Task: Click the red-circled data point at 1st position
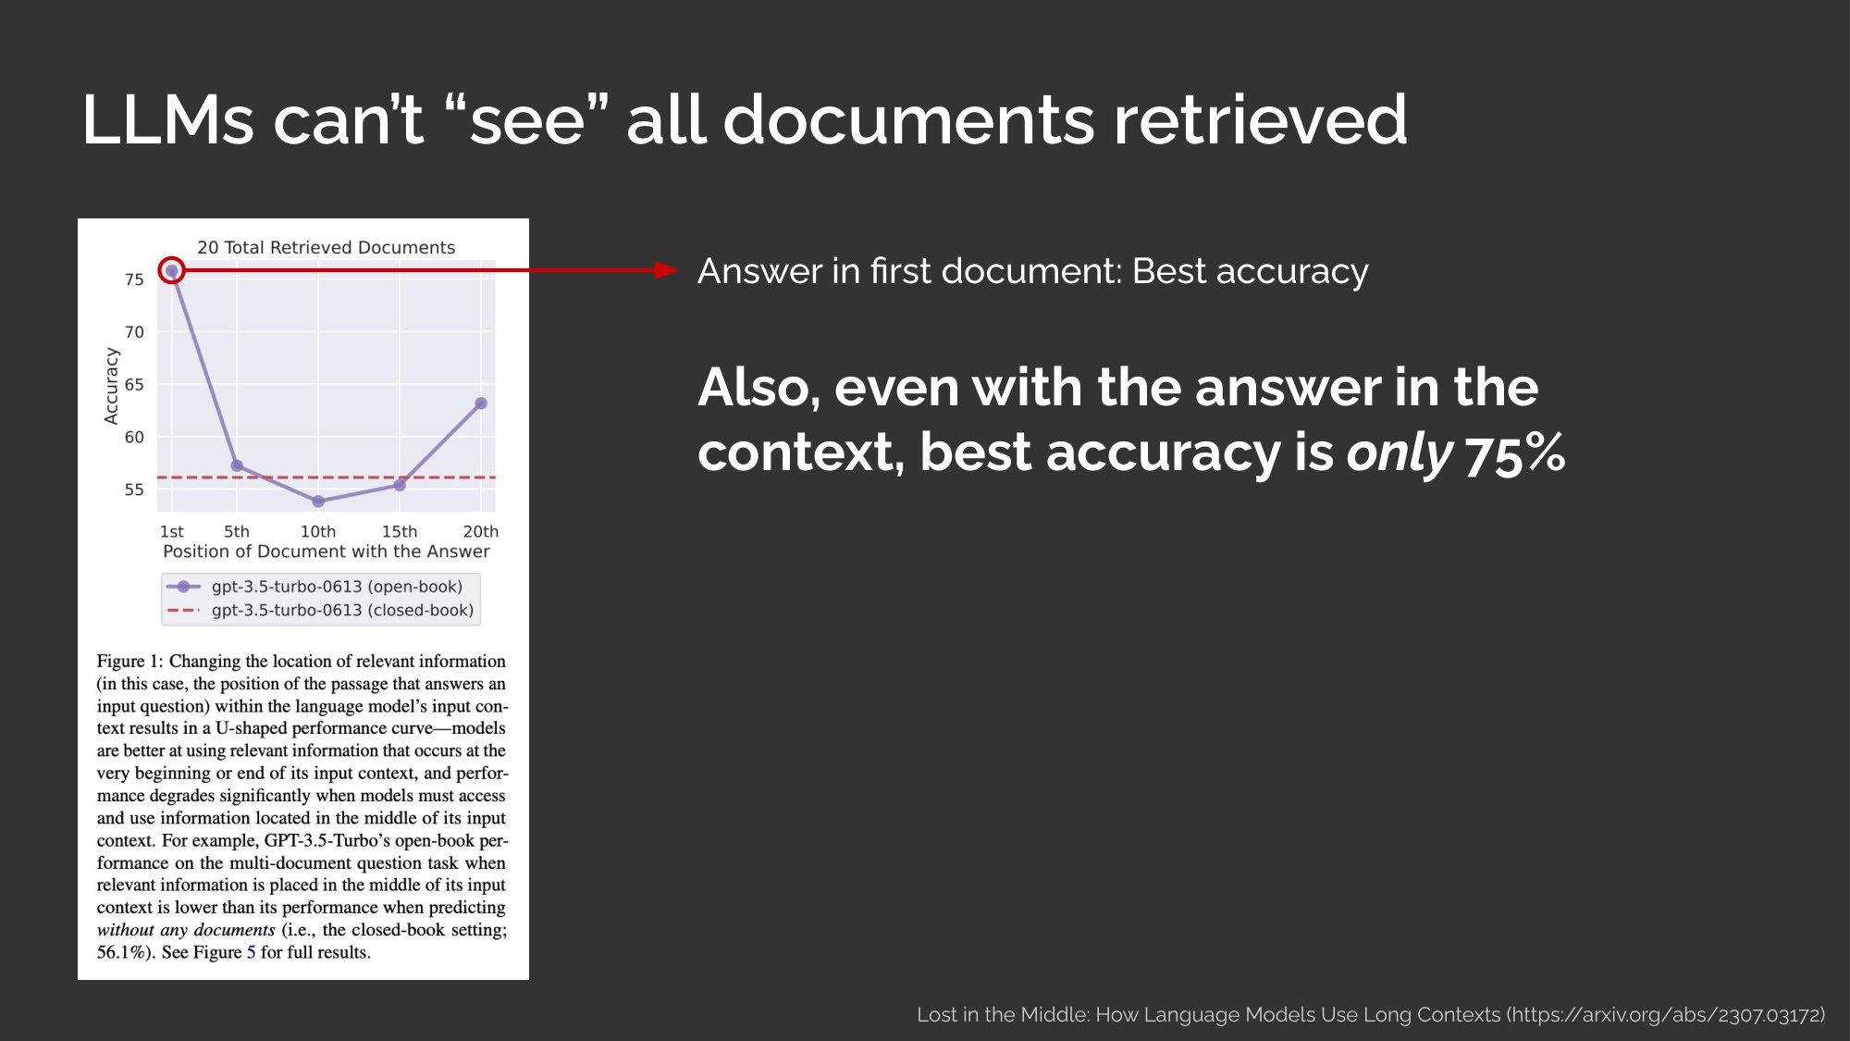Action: [x=172, y=270]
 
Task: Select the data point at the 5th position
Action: [x=237, y=465]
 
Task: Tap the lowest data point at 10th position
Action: [x=318, y=502]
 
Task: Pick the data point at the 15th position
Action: [x=400, y=485]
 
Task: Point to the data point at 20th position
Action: [x=481, y=403]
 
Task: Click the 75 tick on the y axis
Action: [x=134, y=279]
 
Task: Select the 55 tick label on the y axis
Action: [x=134, y=490]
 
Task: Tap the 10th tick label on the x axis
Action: [x=318, y=531]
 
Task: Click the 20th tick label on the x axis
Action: [x=481, y=531]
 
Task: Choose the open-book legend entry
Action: [x=314, y=587]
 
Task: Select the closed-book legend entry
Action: [x=320, y=611]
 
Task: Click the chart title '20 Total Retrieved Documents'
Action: [x=327, y=247]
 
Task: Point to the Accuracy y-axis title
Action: [x=112, y=386]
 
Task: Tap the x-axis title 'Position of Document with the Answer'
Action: [x=327, y=551]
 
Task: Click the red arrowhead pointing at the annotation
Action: [x=666, y=270]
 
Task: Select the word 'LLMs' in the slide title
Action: [x=167, y=119]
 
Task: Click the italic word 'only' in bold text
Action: [x=1400, y=452]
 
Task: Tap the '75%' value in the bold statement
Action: [x=1515, y=452]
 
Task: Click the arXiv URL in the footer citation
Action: [x=1665, y=1015]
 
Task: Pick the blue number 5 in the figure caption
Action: [x=251, y=952]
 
